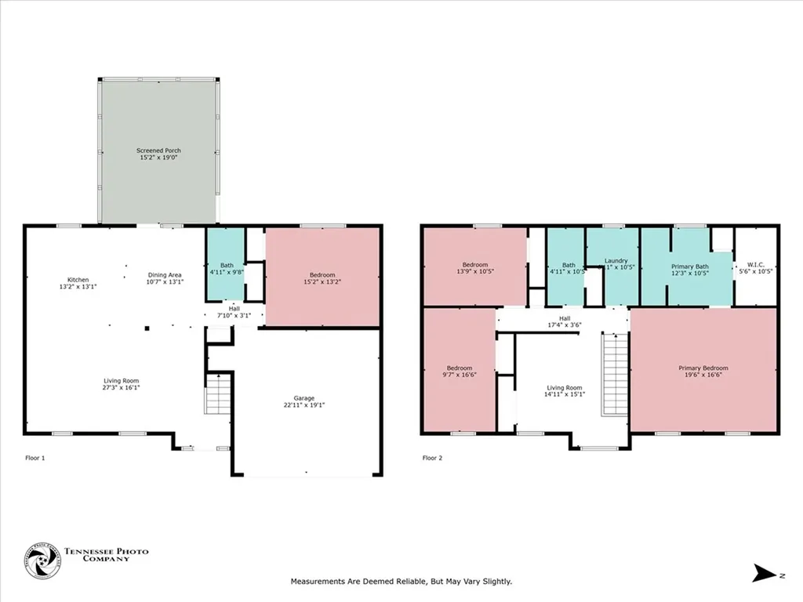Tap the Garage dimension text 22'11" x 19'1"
307,405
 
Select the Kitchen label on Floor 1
78,280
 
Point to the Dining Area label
165,275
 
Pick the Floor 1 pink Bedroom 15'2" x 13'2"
322,277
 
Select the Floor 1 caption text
35,457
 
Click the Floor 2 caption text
433,457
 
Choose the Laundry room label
616,261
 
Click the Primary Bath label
689,267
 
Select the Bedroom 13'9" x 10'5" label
474,267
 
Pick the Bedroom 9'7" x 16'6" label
460,372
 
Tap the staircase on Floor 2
615,374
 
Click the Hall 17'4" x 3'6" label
564,321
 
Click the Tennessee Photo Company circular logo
42,561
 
